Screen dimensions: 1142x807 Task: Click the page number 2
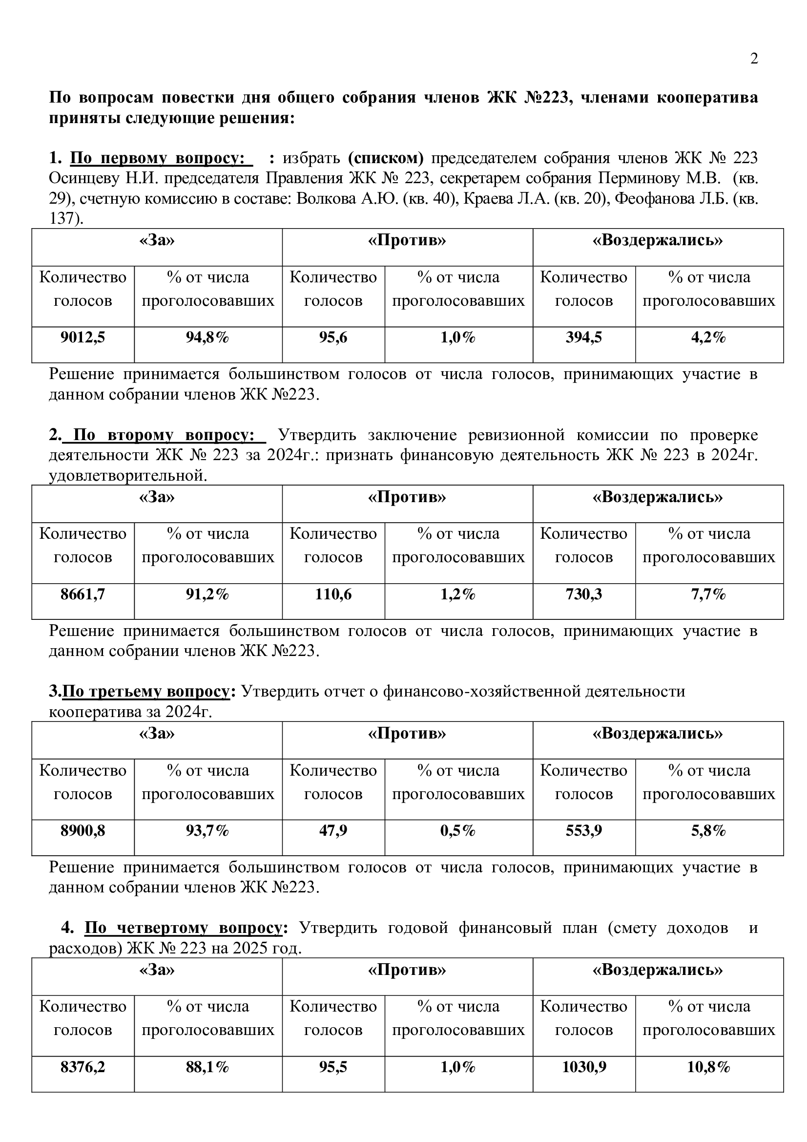[754, 59]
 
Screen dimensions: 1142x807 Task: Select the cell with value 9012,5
[83, 338]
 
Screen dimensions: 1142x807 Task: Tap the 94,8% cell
[207, 338]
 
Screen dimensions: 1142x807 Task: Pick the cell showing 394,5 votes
[583, 338]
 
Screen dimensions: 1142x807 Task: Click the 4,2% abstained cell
[708, 338]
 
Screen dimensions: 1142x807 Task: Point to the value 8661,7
[83, 594]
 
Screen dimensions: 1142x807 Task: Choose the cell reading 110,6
[333, 594]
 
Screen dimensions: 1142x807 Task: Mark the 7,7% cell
[708, 594]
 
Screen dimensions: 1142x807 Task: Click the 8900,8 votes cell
[83, 831]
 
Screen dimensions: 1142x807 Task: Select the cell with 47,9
[333, 831]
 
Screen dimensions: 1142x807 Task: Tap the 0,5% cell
[458, 831]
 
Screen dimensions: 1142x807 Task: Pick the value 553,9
[583, 831]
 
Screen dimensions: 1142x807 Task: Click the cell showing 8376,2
[83, 1067]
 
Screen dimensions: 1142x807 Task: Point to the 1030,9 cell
[583, 1067]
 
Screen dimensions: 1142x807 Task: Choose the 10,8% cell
[708, 1067]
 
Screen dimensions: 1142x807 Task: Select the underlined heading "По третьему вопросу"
[146, 692]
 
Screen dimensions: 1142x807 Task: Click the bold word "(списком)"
[385, 158]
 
